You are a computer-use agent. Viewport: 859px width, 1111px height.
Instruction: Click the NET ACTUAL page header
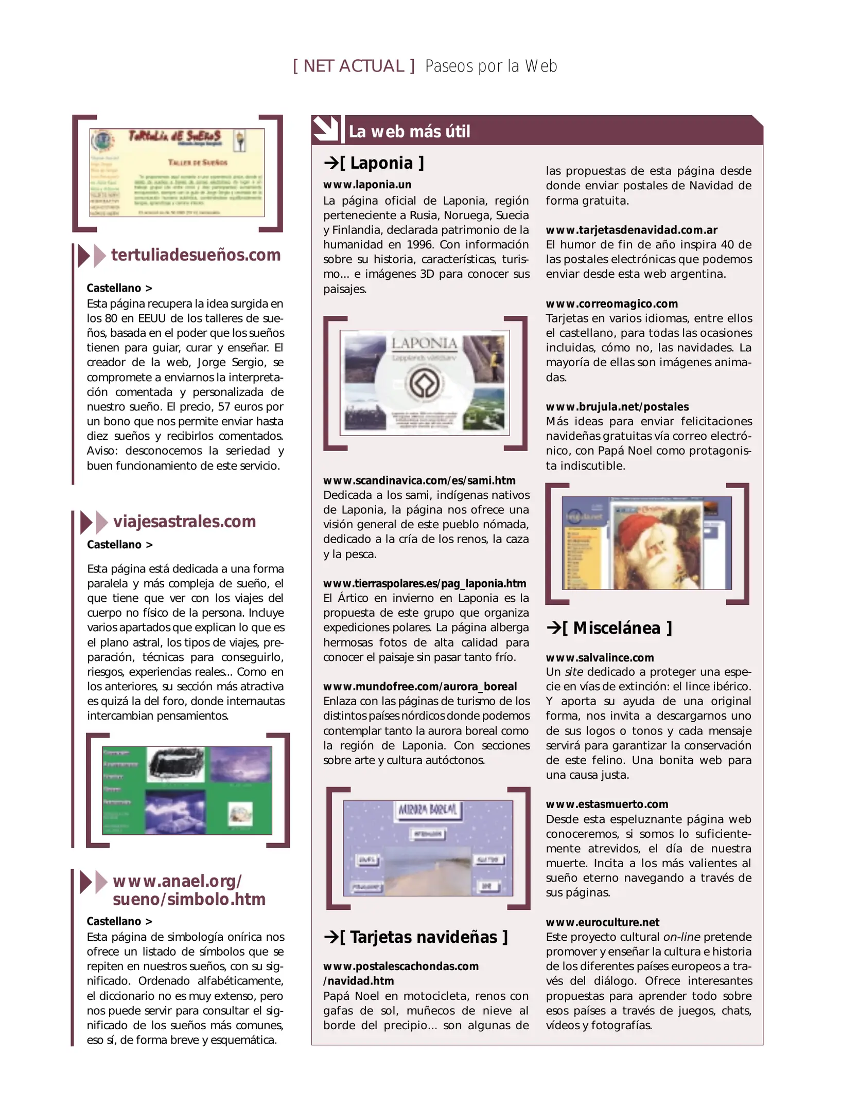tap(354, 66)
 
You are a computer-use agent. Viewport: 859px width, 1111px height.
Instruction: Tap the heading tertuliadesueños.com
tap(196, 255)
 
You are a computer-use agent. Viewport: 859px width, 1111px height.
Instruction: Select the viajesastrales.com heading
tap(184, 522)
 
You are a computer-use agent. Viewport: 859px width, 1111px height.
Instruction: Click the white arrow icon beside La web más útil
tap(325, 129)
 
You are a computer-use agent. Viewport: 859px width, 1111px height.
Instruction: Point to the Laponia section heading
tap(374, 163)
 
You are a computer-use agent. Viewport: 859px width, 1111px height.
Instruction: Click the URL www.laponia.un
tap(367, 185)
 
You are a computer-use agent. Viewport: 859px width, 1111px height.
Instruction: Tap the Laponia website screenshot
tap(425, 383)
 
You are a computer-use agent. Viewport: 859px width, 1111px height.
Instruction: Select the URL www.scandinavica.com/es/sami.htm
tap(419, 480)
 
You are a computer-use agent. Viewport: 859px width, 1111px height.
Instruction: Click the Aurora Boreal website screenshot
tap(428, 848)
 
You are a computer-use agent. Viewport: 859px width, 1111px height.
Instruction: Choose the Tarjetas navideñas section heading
tap(416, 937)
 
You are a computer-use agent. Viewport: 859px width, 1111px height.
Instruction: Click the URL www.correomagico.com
tap(611, 303)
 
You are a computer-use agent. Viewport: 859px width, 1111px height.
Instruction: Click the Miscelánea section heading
tap(609, 628)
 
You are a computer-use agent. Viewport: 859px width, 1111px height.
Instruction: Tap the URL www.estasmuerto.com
tap(607, 804)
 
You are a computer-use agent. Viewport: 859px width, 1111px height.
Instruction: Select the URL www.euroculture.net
tap(602, 922)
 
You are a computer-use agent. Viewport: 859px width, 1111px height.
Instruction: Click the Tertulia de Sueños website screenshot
tap(177, 172)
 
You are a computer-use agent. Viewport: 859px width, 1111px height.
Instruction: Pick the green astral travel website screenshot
tap(187, 791)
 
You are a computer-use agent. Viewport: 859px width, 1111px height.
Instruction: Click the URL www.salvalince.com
tap(600, 657)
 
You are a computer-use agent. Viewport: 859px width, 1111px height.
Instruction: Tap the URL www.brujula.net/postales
tap(617, 406)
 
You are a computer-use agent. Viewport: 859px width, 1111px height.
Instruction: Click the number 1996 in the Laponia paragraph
tap(420, 245)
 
